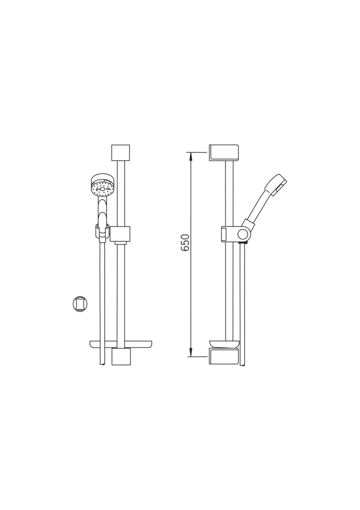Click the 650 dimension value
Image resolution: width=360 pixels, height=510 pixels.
tap(185, 242)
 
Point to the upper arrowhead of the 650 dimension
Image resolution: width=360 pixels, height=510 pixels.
tap(191, 156)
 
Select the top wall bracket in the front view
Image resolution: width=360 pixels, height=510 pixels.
tap(120, 153)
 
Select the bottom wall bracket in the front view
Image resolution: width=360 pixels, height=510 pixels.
tap(121, 357)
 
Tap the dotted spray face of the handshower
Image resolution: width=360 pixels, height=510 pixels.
tap(102, 188)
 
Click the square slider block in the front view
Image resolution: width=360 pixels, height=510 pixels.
tap(121, 234)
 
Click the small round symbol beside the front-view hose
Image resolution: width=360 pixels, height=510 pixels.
tap(80, 304)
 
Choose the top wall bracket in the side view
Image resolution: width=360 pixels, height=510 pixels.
tap(224, 153)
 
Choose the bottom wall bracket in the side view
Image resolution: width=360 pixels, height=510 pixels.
tap(224, 357)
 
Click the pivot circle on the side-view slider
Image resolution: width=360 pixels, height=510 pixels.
tap(243, 234)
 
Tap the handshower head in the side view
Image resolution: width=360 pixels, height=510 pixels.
tap(276, 183)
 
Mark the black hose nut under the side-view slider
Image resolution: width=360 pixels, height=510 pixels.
tap(243, 243)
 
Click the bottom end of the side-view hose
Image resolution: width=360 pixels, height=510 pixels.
tap(243, 363)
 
